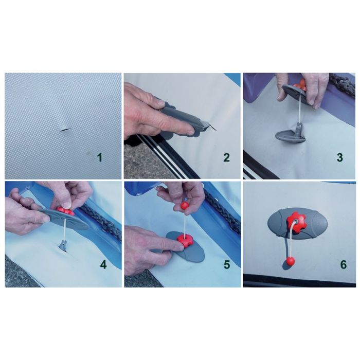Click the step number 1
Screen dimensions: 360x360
coord(99,157)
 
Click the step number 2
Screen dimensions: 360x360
coord(226,157)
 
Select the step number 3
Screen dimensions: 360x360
coord(340,157)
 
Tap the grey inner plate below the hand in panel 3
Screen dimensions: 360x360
coord(290,134)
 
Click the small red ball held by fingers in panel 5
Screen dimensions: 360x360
coord(185,205)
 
